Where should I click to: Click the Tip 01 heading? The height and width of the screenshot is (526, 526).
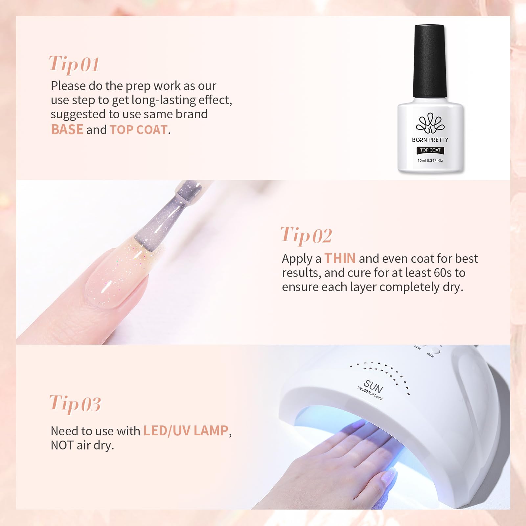tap(74, 64)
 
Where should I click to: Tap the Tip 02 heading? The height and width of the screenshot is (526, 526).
tap(306, 236)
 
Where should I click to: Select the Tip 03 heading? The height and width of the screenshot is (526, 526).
tap(75, 404)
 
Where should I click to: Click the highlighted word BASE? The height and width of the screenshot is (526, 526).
tap(67, 129)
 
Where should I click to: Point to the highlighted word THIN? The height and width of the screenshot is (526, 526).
tap(340, 258)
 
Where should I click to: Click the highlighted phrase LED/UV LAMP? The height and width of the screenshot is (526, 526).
tap(186, 431)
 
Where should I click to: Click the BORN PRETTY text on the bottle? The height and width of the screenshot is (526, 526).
tap(430, 140)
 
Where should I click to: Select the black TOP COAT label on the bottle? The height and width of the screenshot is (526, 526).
tap(430, 150)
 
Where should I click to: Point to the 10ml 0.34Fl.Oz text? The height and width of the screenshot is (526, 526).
tap(430, 161)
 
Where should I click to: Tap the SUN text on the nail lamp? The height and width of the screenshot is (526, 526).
tap(373, 387)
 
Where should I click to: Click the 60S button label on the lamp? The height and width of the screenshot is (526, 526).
tap(430, 355)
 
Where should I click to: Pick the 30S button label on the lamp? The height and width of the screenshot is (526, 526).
tap(418, 348)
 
